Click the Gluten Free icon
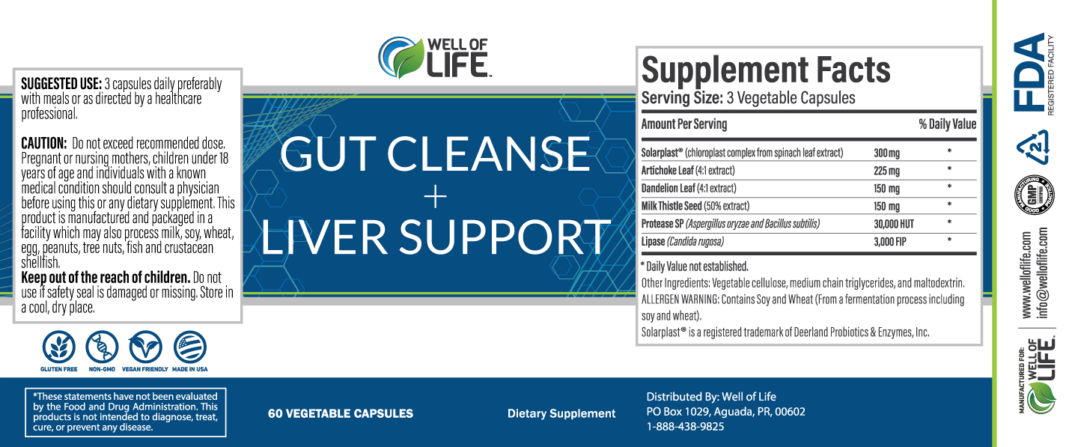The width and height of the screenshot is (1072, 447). click(x=59, y=347)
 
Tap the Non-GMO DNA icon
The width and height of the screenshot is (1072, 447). click(x=102, y=347)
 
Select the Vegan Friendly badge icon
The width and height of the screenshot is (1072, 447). click(x=145, y=347)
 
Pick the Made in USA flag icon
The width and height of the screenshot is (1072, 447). click(x=190, y=347)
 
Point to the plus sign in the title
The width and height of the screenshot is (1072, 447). click(x=436, y=196)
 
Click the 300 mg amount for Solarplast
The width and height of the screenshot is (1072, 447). click(x=887, y=153)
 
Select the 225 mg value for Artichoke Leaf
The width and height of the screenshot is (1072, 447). click(x=887, y=171)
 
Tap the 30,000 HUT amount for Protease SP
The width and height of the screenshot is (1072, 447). click(x=894, y=224)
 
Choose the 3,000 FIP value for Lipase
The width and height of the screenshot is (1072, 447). click(x=890, y=242)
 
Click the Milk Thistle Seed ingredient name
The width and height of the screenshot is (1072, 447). click(x=672, y=206)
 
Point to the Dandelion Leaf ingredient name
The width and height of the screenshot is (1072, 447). click(x=668, y=188)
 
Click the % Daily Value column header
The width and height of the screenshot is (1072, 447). click(x=947, y=124)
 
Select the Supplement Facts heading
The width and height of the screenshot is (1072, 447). click(x=766, y=70)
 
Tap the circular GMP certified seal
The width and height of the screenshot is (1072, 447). click(x=1034, y=195)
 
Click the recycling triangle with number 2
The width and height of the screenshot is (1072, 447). click(x=1033, y=146)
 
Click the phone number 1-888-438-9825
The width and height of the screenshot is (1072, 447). click(x=685, y=427)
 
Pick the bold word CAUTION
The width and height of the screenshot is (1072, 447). click(x=44, y=143)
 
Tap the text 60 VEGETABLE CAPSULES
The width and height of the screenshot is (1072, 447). click(x=341, y=413)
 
